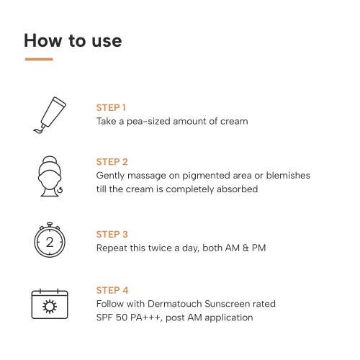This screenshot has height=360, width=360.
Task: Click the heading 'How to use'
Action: pyautogui.click(x=73, y=40)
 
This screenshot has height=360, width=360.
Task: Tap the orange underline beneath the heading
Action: pyautogui.click(x=38, y=59)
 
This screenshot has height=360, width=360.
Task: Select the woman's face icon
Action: pyautogui.click(x=50, y=176)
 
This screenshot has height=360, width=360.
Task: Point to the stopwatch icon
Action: pyautogui.click(x=50, y=240)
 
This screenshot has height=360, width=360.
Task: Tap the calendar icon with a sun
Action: pyautogui.click(x=50, y=303)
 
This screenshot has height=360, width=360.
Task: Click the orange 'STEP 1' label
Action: pyautogui.click(x=112, y=108)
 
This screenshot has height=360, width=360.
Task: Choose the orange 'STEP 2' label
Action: pyautogui.click(x=112, y=162)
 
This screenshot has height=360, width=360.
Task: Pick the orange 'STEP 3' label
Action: pyautogui.click(x=112, y=234)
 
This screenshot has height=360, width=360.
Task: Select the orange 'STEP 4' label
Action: pyautogui.click(x=112, y=290)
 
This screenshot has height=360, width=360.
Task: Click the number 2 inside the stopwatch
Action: pyautogui.click(x=50, y=243)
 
